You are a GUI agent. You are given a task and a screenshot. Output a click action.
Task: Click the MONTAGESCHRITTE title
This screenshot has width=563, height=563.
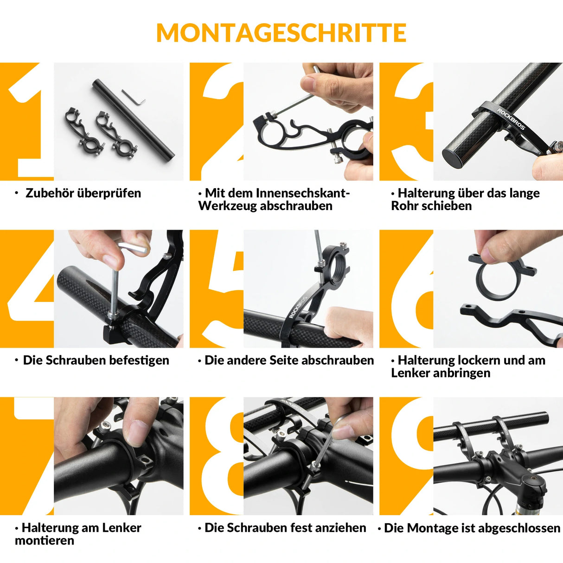(281, 33)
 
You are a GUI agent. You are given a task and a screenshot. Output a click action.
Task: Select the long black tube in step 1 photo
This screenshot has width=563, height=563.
(133, 119)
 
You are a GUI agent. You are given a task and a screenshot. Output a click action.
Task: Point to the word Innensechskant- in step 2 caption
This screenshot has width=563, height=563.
(277, 193)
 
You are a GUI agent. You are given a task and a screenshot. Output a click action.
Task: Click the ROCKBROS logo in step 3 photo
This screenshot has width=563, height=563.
(511, 119)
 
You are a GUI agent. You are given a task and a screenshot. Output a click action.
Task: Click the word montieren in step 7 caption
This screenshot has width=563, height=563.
(45, 541)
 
